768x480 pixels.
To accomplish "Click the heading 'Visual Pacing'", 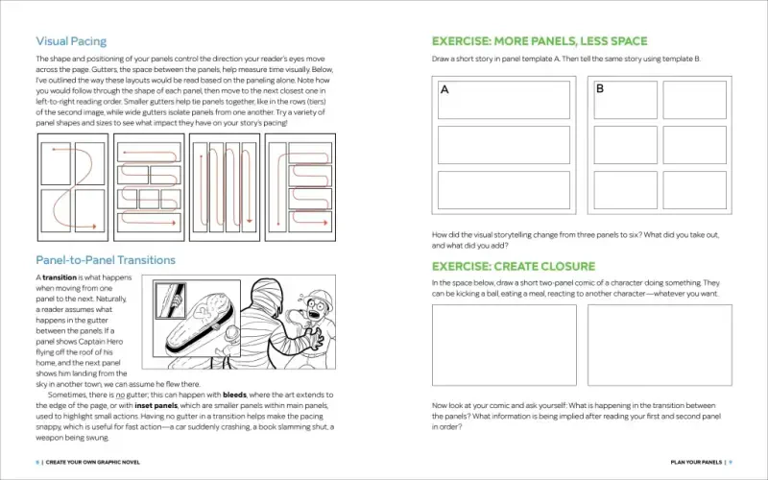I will point(71,41).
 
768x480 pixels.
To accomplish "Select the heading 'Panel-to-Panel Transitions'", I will point(105,260).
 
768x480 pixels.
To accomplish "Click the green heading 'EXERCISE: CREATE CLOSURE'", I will point(513,266).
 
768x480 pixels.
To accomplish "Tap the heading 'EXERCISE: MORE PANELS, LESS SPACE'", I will point(539,41).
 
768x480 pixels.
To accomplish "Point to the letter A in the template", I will point(444,90).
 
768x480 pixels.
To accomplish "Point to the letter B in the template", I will point(600,89).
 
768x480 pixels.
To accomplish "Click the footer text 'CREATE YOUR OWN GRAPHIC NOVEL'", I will point(92,462).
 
